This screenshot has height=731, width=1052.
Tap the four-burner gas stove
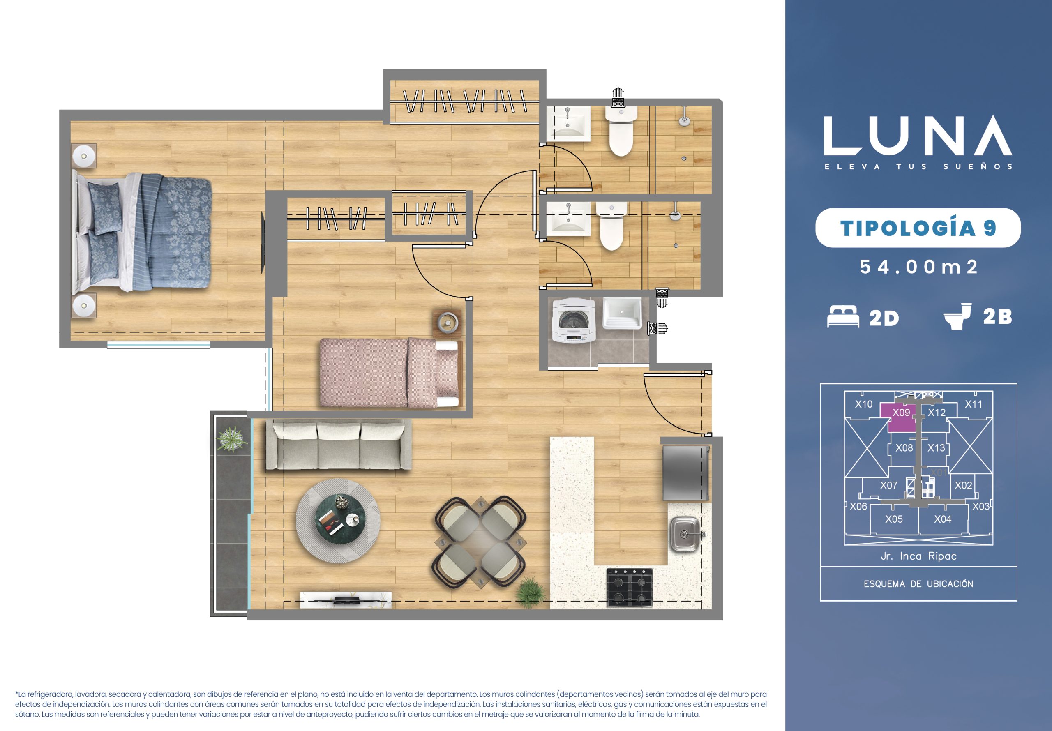[630, 587]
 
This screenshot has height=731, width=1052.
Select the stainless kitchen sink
[685, 534]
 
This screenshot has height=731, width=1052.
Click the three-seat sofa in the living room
[339, 447]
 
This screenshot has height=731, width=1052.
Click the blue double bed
[142, 231]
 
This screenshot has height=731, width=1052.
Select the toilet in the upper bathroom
[621, 131]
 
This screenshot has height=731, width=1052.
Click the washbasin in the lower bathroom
[568, 219]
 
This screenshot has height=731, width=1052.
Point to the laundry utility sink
[621, 314]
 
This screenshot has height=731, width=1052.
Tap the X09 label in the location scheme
[901, 413]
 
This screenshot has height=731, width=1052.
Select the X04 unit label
[943, 519]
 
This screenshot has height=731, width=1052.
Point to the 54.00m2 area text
[918, 267]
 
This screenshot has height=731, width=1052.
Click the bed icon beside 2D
[843, 316]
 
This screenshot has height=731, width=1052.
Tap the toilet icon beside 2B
[957, 316]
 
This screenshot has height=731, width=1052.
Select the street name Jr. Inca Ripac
[918, 556]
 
